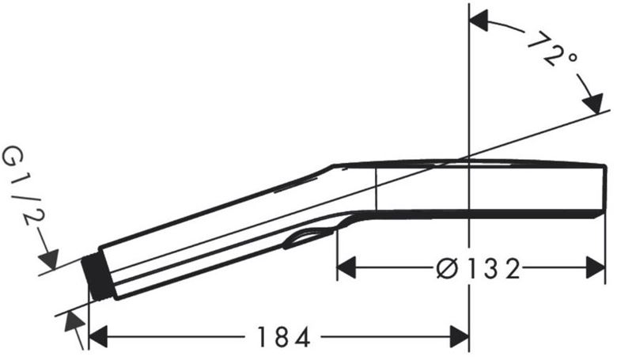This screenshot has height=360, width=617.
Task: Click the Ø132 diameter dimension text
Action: click(x=479, y=269)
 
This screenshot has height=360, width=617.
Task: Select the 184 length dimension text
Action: click(x=283, y=337)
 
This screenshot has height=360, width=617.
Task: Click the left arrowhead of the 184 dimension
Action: click(x=98, y=337)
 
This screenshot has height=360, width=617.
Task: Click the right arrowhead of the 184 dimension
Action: click(x=460, y=337)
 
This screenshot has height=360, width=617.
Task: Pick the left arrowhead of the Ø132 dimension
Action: click(x=346, y=267)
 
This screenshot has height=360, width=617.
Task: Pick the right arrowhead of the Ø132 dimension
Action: click(x=596, y=267)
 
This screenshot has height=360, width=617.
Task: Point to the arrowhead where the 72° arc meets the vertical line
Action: click(x=479, y=21)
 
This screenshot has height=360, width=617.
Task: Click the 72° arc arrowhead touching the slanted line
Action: click(x=593, y=104)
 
